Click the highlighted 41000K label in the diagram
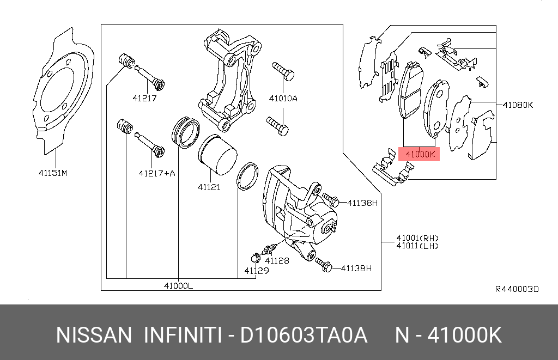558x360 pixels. [420, 154]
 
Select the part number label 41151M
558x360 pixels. [52, 174]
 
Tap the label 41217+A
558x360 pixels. [157, 174]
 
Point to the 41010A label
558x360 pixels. [283, 99]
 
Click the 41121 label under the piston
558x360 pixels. [209, 187]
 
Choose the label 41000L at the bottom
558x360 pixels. [178, 285]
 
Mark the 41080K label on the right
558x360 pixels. [517, 105]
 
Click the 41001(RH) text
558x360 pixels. [417, 238]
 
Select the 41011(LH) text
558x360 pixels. [417, 246]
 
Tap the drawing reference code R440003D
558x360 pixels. [517, 289]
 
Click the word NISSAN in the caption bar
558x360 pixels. [94, 335]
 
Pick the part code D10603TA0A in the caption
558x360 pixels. [305, 335]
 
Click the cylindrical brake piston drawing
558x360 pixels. [216, 156]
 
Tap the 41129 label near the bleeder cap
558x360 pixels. [256, 270]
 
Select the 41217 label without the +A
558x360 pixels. [144, 99]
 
